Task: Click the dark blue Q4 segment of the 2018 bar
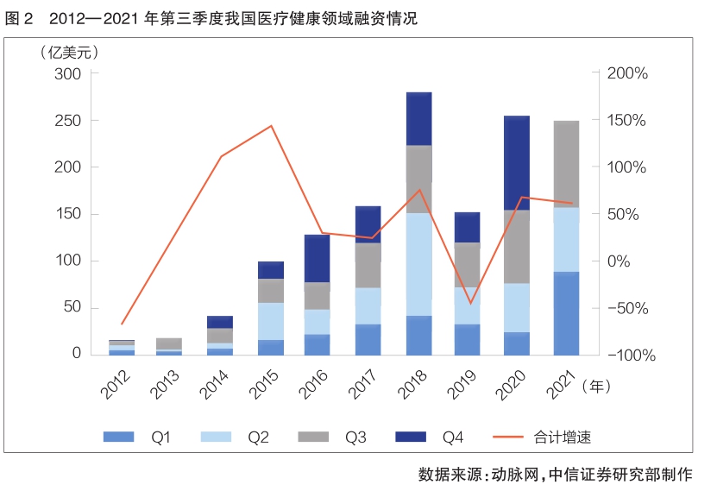point(418,118)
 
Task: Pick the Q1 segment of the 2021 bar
point(566,312)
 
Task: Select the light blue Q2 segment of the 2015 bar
point(271,321)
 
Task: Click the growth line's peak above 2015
point(272,126)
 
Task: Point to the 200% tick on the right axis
point(627,74)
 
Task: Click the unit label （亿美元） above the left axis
point(66,52)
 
